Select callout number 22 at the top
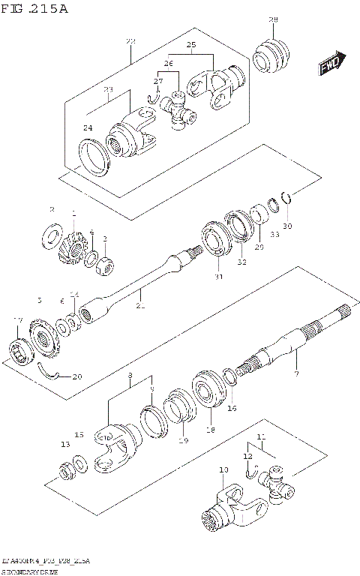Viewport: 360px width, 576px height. (130, 40)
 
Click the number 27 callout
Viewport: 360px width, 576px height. (158, 81)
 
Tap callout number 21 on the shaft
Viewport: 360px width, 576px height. (140, 306)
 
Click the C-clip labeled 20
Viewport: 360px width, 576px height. (52, 371)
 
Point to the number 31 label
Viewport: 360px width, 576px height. (218, 277)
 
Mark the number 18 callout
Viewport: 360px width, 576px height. (210, 430)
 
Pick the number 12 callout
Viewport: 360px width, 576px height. (247, 455)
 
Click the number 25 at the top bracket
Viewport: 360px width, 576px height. (191, 46)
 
